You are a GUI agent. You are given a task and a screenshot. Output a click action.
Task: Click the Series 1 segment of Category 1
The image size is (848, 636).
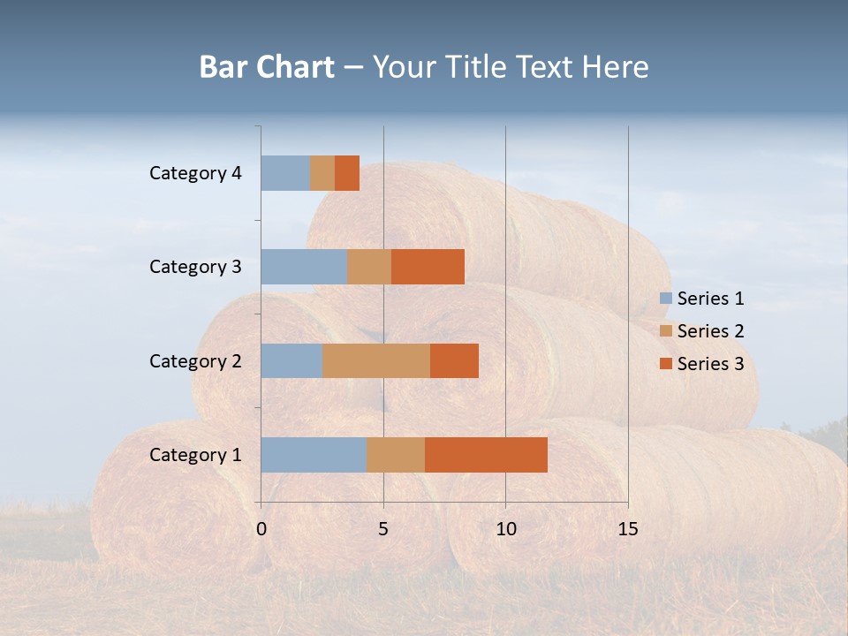[314, 455]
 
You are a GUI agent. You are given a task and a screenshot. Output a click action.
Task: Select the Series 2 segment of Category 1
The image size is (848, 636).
[396, 455]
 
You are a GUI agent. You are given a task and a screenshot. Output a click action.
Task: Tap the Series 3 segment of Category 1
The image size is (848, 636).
[486, 455]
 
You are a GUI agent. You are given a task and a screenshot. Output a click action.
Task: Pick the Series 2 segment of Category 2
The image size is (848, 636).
[376, 360]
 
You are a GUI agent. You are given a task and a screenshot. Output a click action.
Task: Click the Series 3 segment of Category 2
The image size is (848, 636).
[454, 360]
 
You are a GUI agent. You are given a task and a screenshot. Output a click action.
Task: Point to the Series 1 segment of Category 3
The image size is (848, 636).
[304, 267]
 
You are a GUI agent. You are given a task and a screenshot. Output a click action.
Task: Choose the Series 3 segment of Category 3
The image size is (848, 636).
[428, 267]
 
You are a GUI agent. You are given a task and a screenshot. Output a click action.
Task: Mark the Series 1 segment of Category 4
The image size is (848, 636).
[285, 173]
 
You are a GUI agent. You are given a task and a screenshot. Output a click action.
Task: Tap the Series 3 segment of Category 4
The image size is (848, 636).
[347, 173]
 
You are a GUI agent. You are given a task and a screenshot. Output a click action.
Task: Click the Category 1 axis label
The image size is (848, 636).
[195, 455]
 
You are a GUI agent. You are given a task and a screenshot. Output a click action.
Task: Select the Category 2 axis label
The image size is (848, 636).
[195, 360]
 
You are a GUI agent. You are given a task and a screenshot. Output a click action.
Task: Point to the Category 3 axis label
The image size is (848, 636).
[195, 267]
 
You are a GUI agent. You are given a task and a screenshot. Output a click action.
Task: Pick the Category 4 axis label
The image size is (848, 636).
[195, 173]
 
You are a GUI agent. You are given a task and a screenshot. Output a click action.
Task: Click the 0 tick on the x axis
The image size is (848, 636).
[261, 529]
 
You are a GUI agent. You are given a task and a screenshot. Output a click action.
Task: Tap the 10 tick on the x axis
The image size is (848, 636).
[505, 529]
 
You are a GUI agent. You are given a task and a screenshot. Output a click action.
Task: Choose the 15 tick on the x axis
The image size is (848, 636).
[628, 529]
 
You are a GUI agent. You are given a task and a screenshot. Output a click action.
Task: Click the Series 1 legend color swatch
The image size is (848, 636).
[665, 299]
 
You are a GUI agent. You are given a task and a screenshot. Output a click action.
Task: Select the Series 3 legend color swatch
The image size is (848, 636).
[665, 364]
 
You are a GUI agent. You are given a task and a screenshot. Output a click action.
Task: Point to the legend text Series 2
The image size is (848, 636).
[710, 331]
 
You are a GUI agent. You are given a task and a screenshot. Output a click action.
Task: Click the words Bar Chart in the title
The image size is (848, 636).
[267, 67]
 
